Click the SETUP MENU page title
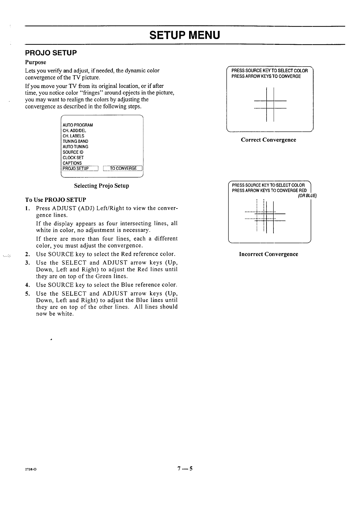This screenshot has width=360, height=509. [185, 35]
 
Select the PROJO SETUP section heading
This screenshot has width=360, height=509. [51, 53]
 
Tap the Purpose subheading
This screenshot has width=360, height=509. [36, 62]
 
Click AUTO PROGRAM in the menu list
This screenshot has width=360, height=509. [78, 125]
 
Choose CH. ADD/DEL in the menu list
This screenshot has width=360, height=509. [74, 130]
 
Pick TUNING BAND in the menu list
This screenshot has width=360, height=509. [75, 141]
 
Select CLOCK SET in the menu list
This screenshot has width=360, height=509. [73, 158]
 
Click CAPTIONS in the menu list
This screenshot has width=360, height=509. [72, 163]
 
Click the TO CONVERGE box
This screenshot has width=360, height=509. [123, 169]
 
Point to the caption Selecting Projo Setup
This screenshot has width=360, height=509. [102, 186]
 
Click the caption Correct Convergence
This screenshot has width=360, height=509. [268, 140]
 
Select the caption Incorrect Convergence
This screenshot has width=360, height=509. [268, 254]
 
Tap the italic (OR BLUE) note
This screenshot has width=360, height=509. [307, 195]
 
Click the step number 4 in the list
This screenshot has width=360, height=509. [27, 285]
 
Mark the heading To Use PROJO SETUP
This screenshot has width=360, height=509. [56, 200]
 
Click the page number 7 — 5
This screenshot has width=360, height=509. [185, 469]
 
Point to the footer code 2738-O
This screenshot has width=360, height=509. [31, 469]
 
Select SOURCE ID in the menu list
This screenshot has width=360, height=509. [73, 152]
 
